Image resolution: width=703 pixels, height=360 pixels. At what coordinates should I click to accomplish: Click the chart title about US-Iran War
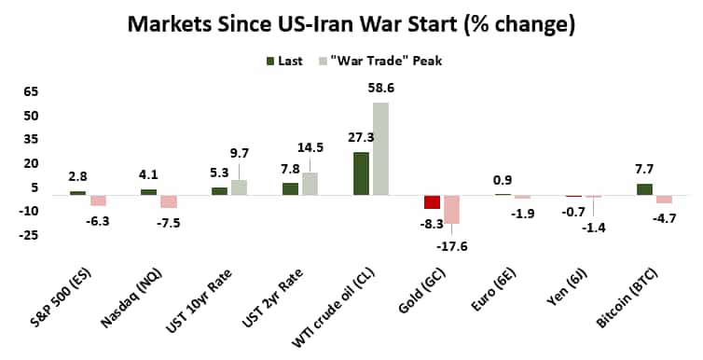[x=351, y=22]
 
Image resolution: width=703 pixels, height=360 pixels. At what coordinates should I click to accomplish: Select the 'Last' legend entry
[x=291, y=61]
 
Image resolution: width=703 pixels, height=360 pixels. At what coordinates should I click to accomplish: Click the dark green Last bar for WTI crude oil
[x=361, y=173]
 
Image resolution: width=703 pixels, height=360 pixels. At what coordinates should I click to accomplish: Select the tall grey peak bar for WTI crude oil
[x=380, y=148]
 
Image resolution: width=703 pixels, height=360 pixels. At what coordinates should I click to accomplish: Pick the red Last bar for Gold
[x=432, y=202]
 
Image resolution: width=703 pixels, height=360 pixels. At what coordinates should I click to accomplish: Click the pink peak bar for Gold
[x=451, y=210]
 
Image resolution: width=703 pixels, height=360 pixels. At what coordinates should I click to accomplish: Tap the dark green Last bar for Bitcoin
[x=644, y=189]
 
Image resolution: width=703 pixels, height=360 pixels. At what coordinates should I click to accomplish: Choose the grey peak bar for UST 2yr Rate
[x=310, y=184]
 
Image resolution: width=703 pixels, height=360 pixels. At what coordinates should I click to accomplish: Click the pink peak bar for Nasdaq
[x=168, y=201]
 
